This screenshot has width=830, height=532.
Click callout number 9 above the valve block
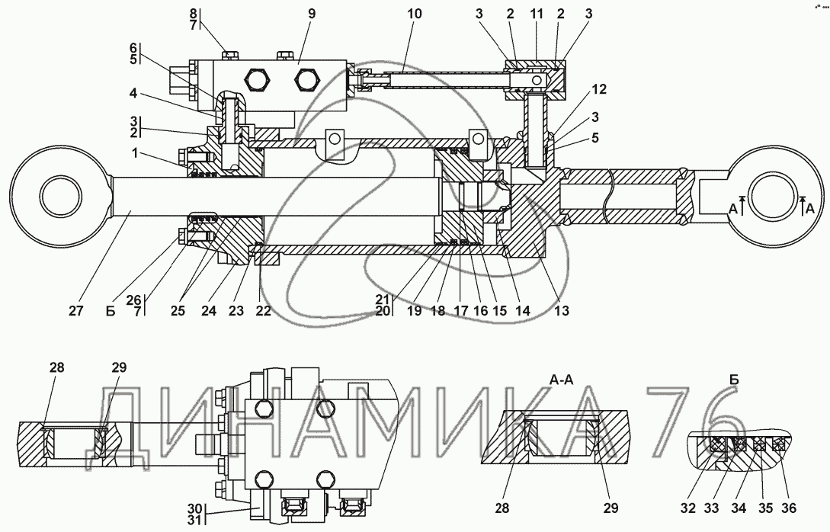pyautogui.click(x=311, y=14)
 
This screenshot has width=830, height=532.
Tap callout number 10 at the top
pyautogui.click(x=415, y=14)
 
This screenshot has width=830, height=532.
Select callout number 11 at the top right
pyautogui.click(x=537, y=14)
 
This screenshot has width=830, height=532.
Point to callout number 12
pyautogui.click(x=599, y=89)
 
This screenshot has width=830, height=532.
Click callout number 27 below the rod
pyautogui.click(x=75, y=310)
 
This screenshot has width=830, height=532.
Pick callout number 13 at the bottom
pyautogui.click(x=562, y=310)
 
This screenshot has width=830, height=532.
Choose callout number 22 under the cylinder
pyautogui.click(x=263, y=310)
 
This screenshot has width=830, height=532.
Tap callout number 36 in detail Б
pyautogui.click(x=789, y=508)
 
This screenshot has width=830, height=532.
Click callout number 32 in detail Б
pyautogui.click(x=687, y=508)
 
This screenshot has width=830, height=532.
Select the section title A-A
pyautogui.click(x=562, y=380)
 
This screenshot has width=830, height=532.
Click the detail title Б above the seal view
pyautogui.click(x=734, y=380)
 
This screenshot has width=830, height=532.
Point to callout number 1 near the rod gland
pyautogui.click(x=135, y=153)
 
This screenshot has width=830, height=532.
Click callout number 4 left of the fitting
pyautogui.click(x=133, y=94)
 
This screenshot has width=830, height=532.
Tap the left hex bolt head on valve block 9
pyautogui.click(x=257, y=79)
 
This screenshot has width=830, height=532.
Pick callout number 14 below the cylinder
pyautogui.click(x=522, y=310)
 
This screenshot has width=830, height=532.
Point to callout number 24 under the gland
pyautogui.click(x=209, y=310)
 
